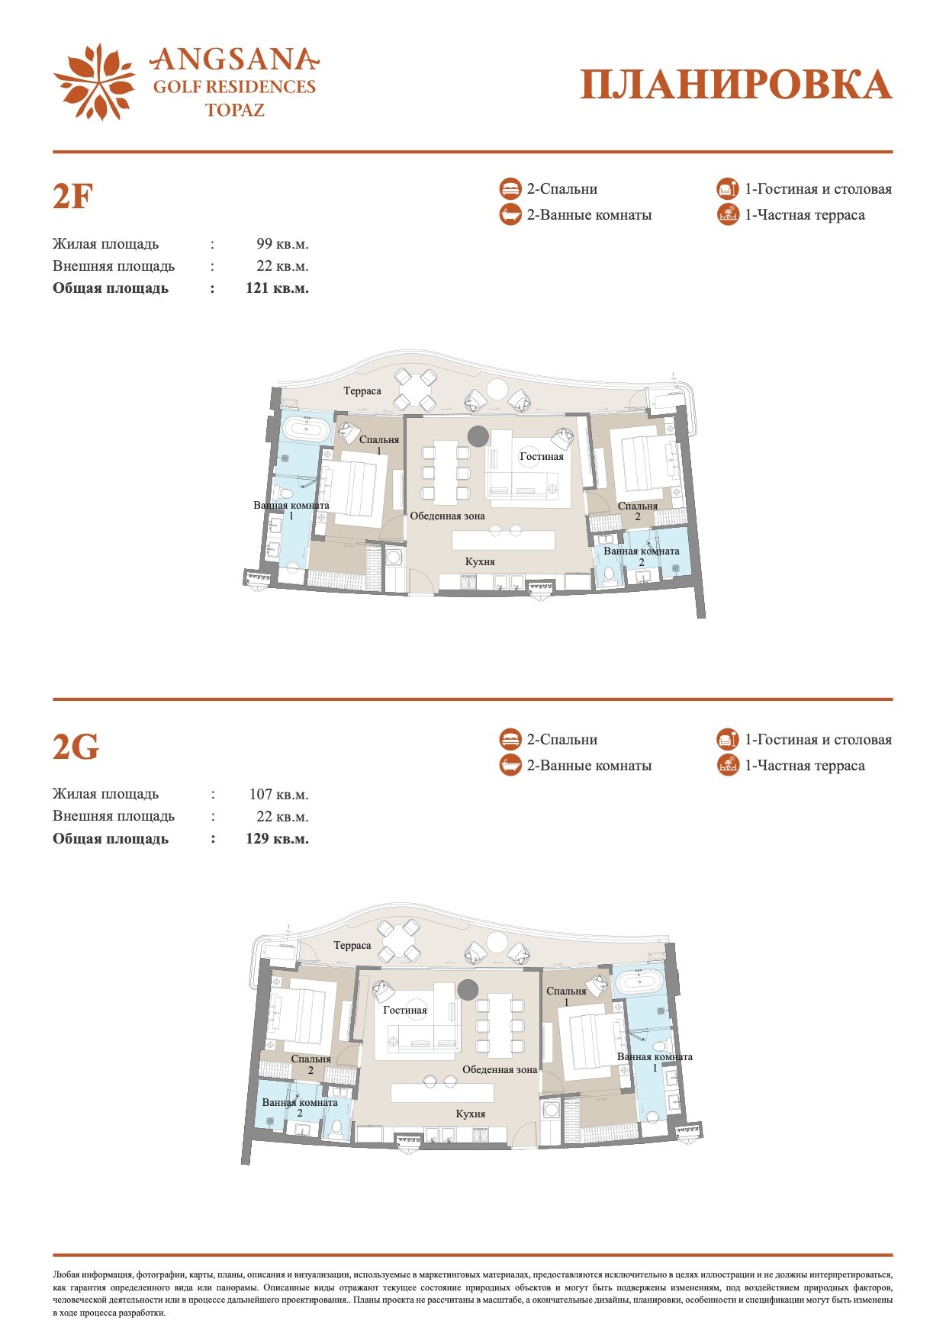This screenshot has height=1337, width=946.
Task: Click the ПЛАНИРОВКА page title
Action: pyautogui.click(x=736, y=85)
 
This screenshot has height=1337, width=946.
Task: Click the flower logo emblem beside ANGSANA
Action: pyautogui.click(x=95, y=82)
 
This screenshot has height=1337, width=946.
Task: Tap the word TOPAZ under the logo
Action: pyautogui.click(x=235, y=110)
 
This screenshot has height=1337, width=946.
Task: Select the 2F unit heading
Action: pyautogui.click(x=72, y=197)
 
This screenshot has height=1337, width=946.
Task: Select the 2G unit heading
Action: pyautogui.click(x=76, y=747)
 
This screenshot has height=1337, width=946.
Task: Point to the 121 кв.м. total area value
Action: pyautogui.click(x=277, y=288)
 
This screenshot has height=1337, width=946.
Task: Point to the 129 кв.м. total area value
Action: pyautogui.click(x=277, y=839)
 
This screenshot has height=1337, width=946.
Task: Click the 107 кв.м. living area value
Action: pyautogui.click(x=278, y=795)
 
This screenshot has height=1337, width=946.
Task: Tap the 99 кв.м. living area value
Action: pyautogui.click(x=282, y=244)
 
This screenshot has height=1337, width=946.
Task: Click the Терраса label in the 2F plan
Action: pyautogui.click(x=362, y=391)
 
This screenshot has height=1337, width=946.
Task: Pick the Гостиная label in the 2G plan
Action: pyautogui.click(x=405, y=1011)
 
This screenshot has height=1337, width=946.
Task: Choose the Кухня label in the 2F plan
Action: pyautogui.click(x=481, y=562)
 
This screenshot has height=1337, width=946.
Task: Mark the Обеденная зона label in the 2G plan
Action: pyautogui.click(x=500, y=1070)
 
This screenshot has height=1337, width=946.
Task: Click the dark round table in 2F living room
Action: pyautogui.click(x=478, y=436)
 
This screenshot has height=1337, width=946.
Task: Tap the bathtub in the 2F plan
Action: pyautogui.click(x=307, y=429)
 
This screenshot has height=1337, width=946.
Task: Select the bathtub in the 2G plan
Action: pyautogui.click(x=641, y=982)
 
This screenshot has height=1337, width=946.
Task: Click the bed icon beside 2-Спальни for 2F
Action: pyautogui.click(x=510, y=189)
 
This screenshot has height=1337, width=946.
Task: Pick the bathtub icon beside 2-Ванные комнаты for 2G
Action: pyautogui.click(x=510, y=766)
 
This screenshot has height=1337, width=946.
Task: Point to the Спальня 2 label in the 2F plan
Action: pyautogui.click(x=638, y=512)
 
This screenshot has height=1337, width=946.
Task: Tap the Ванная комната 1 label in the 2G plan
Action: pyautogui.click(x=655, y=1062)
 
